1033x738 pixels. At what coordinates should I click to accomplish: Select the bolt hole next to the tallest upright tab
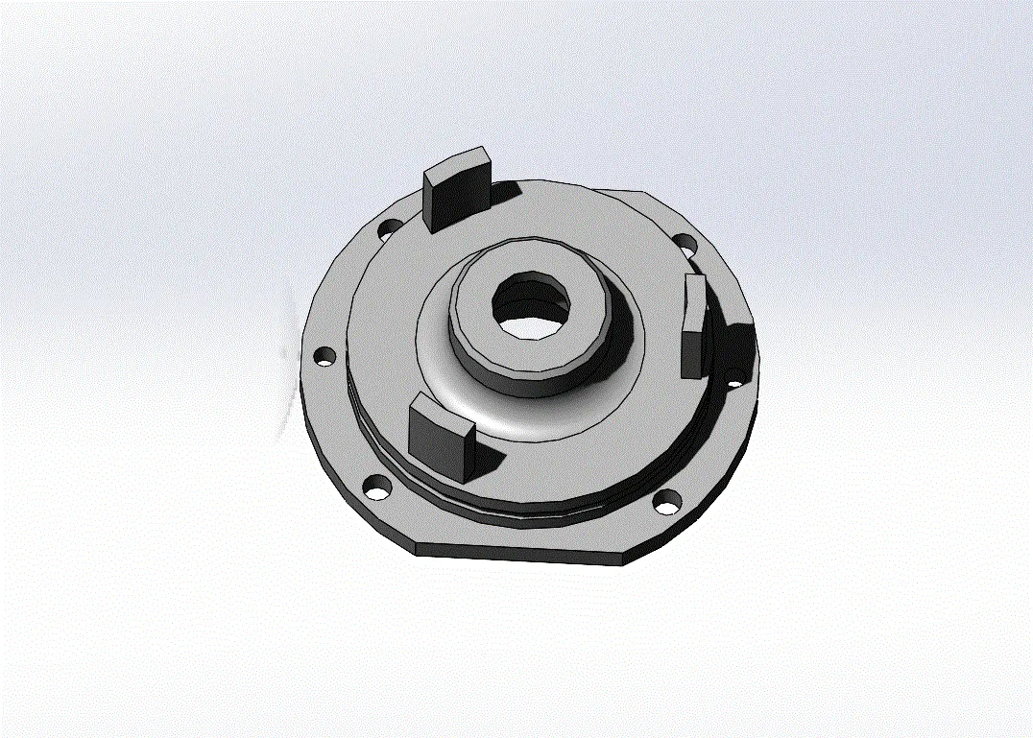click(x=389, y=230)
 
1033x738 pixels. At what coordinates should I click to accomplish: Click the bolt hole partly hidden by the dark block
click(x=735, y=382)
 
